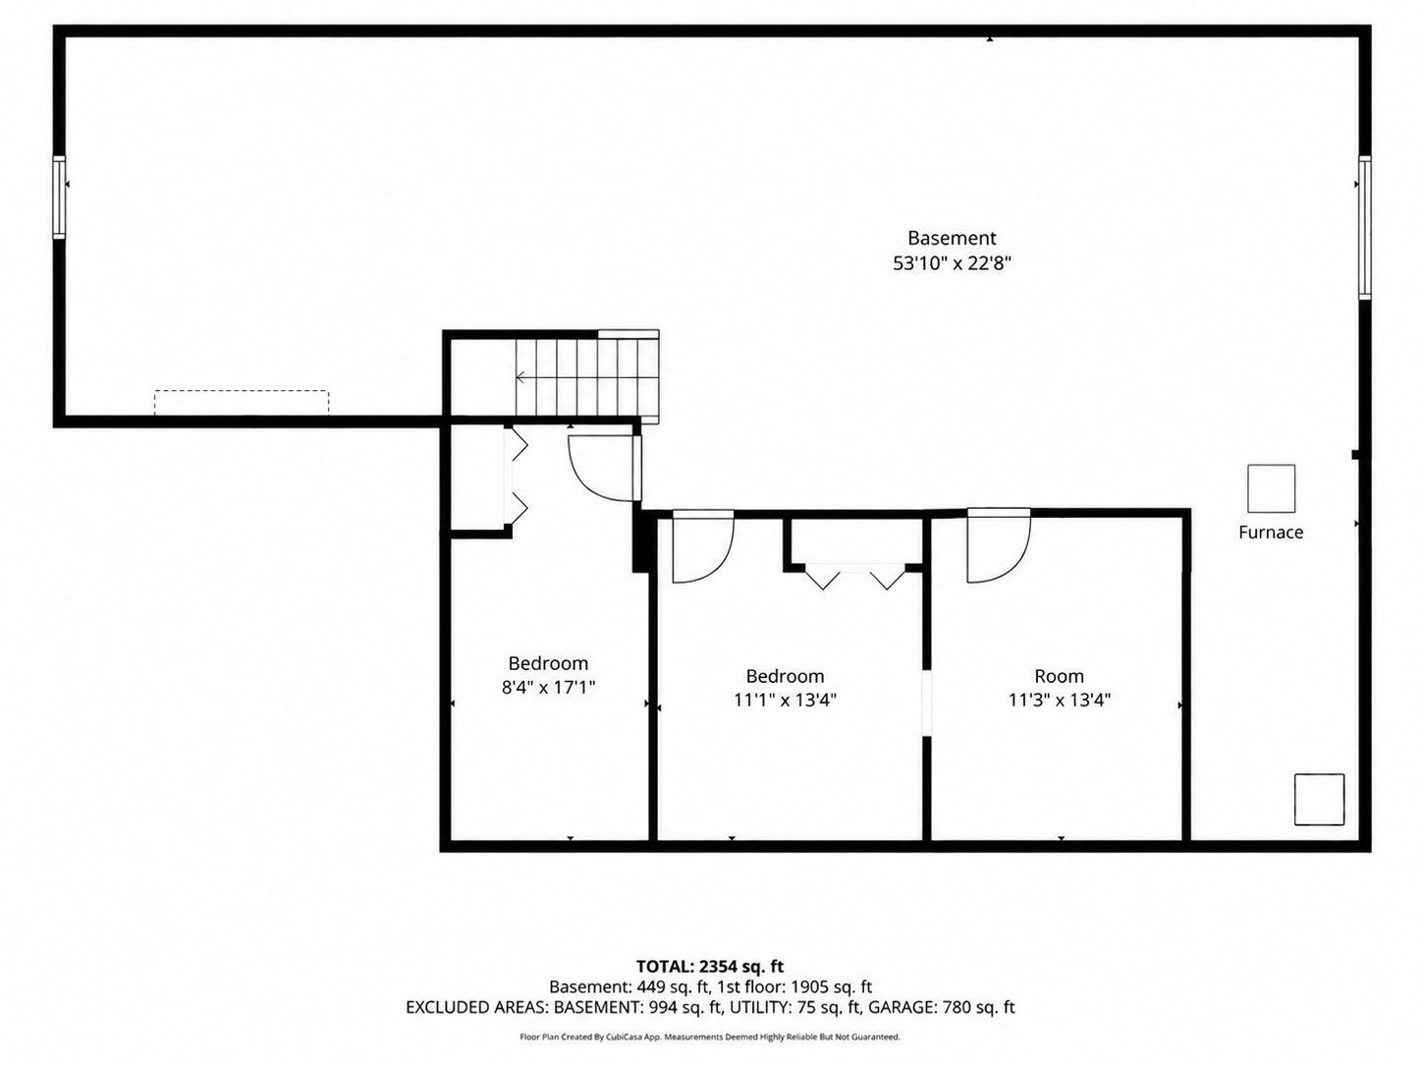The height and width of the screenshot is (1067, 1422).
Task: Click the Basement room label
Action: tap(951, 238)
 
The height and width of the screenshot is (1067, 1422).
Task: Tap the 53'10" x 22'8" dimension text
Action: tap(952, 263)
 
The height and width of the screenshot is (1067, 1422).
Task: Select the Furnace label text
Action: tap(1271, 532)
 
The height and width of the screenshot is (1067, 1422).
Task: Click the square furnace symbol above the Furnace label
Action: tap(1271, 488)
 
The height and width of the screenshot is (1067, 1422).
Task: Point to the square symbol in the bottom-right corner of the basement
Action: tap(1319, 799)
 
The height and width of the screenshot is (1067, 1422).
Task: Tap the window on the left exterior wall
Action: tap(59, 197)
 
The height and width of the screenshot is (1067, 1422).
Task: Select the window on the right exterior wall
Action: tap(1364, 227)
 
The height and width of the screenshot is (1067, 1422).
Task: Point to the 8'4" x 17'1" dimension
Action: tap(548, 687)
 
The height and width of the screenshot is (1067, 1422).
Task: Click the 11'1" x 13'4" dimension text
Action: tap(785, 700)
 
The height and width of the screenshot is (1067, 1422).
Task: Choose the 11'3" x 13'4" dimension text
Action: tap(1060, 700)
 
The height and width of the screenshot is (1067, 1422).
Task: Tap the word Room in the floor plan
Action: tap(1060, 676)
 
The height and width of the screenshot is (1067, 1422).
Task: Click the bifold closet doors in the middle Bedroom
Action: tap(854, 577)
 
